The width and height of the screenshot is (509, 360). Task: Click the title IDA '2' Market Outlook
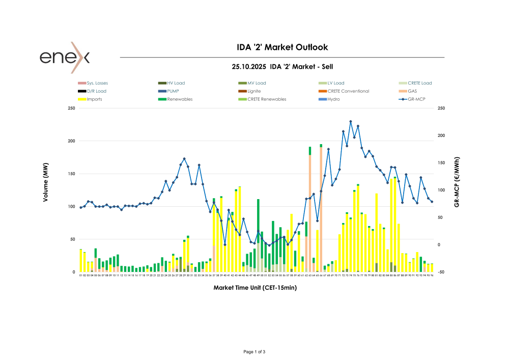282,47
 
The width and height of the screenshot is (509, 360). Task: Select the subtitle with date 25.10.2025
282,67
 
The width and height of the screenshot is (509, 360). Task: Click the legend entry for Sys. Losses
97,83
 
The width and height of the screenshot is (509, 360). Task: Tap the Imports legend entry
94,99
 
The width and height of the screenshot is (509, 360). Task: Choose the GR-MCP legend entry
416,99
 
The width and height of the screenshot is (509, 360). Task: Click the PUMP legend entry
173,91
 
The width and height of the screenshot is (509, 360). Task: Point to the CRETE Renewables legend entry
267,99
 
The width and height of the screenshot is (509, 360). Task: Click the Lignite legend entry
254,91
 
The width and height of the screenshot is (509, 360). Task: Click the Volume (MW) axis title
45,186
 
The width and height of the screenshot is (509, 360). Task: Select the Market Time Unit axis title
255,288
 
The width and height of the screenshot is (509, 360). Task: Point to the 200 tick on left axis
71,141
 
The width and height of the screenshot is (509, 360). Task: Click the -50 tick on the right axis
441,272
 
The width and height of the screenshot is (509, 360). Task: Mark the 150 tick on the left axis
71,174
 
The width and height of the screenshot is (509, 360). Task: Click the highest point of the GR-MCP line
351,121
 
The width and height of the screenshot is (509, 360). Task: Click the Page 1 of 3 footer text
255,352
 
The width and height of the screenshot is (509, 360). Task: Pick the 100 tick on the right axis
441,190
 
